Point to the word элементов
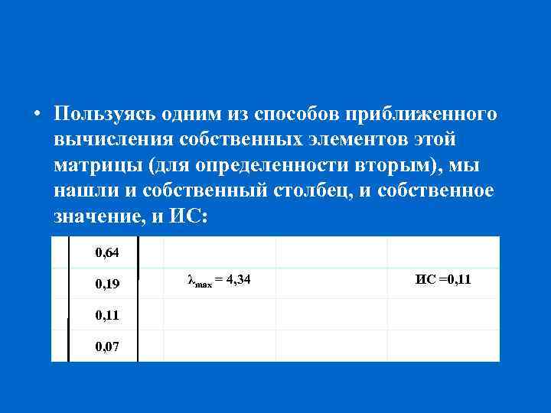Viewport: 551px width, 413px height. click(350, 140)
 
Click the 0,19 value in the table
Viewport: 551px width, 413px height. click(106, 284)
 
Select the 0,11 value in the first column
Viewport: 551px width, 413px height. click(106, 315)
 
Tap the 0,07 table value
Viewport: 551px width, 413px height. click(106, 347)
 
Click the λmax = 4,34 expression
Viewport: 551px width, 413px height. click(219, 281)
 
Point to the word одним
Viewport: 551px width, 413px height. click(191, 115)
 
